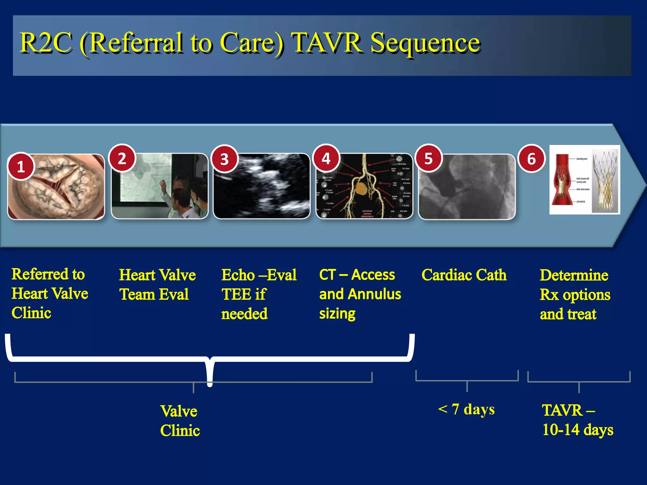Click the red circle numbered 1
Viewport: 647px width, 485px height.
[21, 166]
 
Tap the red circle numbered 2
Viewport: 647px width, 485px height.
[122, 158]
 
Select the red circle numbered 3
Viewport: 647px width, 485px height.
[224, 159]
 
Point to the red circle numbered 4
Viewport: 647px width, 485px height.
[326, 158]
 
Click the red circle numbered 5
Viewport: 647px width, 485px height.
[428, 158]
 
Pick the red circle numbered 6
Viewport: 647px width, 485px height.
[531, 159]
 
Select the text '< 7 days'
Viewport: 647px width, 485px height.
[466, 409]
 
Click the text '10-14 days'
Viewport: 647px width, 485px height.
[577, 430]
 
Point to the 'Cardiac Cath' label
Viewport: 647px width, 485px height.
[464, 275]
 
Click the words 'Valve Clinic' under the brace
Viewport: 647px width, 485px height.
[179, 421]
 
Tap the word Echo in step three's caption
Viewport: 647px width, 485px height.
[238, 275]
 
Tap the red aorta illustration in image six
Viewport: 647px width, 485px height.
[562, 180]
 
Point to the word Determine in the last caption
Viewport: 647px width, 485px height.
[574, 275]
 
